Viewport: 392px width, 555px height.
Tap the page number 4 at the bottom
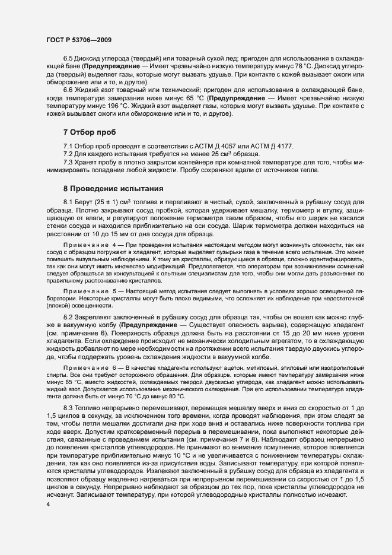[x=47, y=505]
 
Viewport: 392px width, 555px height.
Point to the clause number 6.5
[x=68, y=58]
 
